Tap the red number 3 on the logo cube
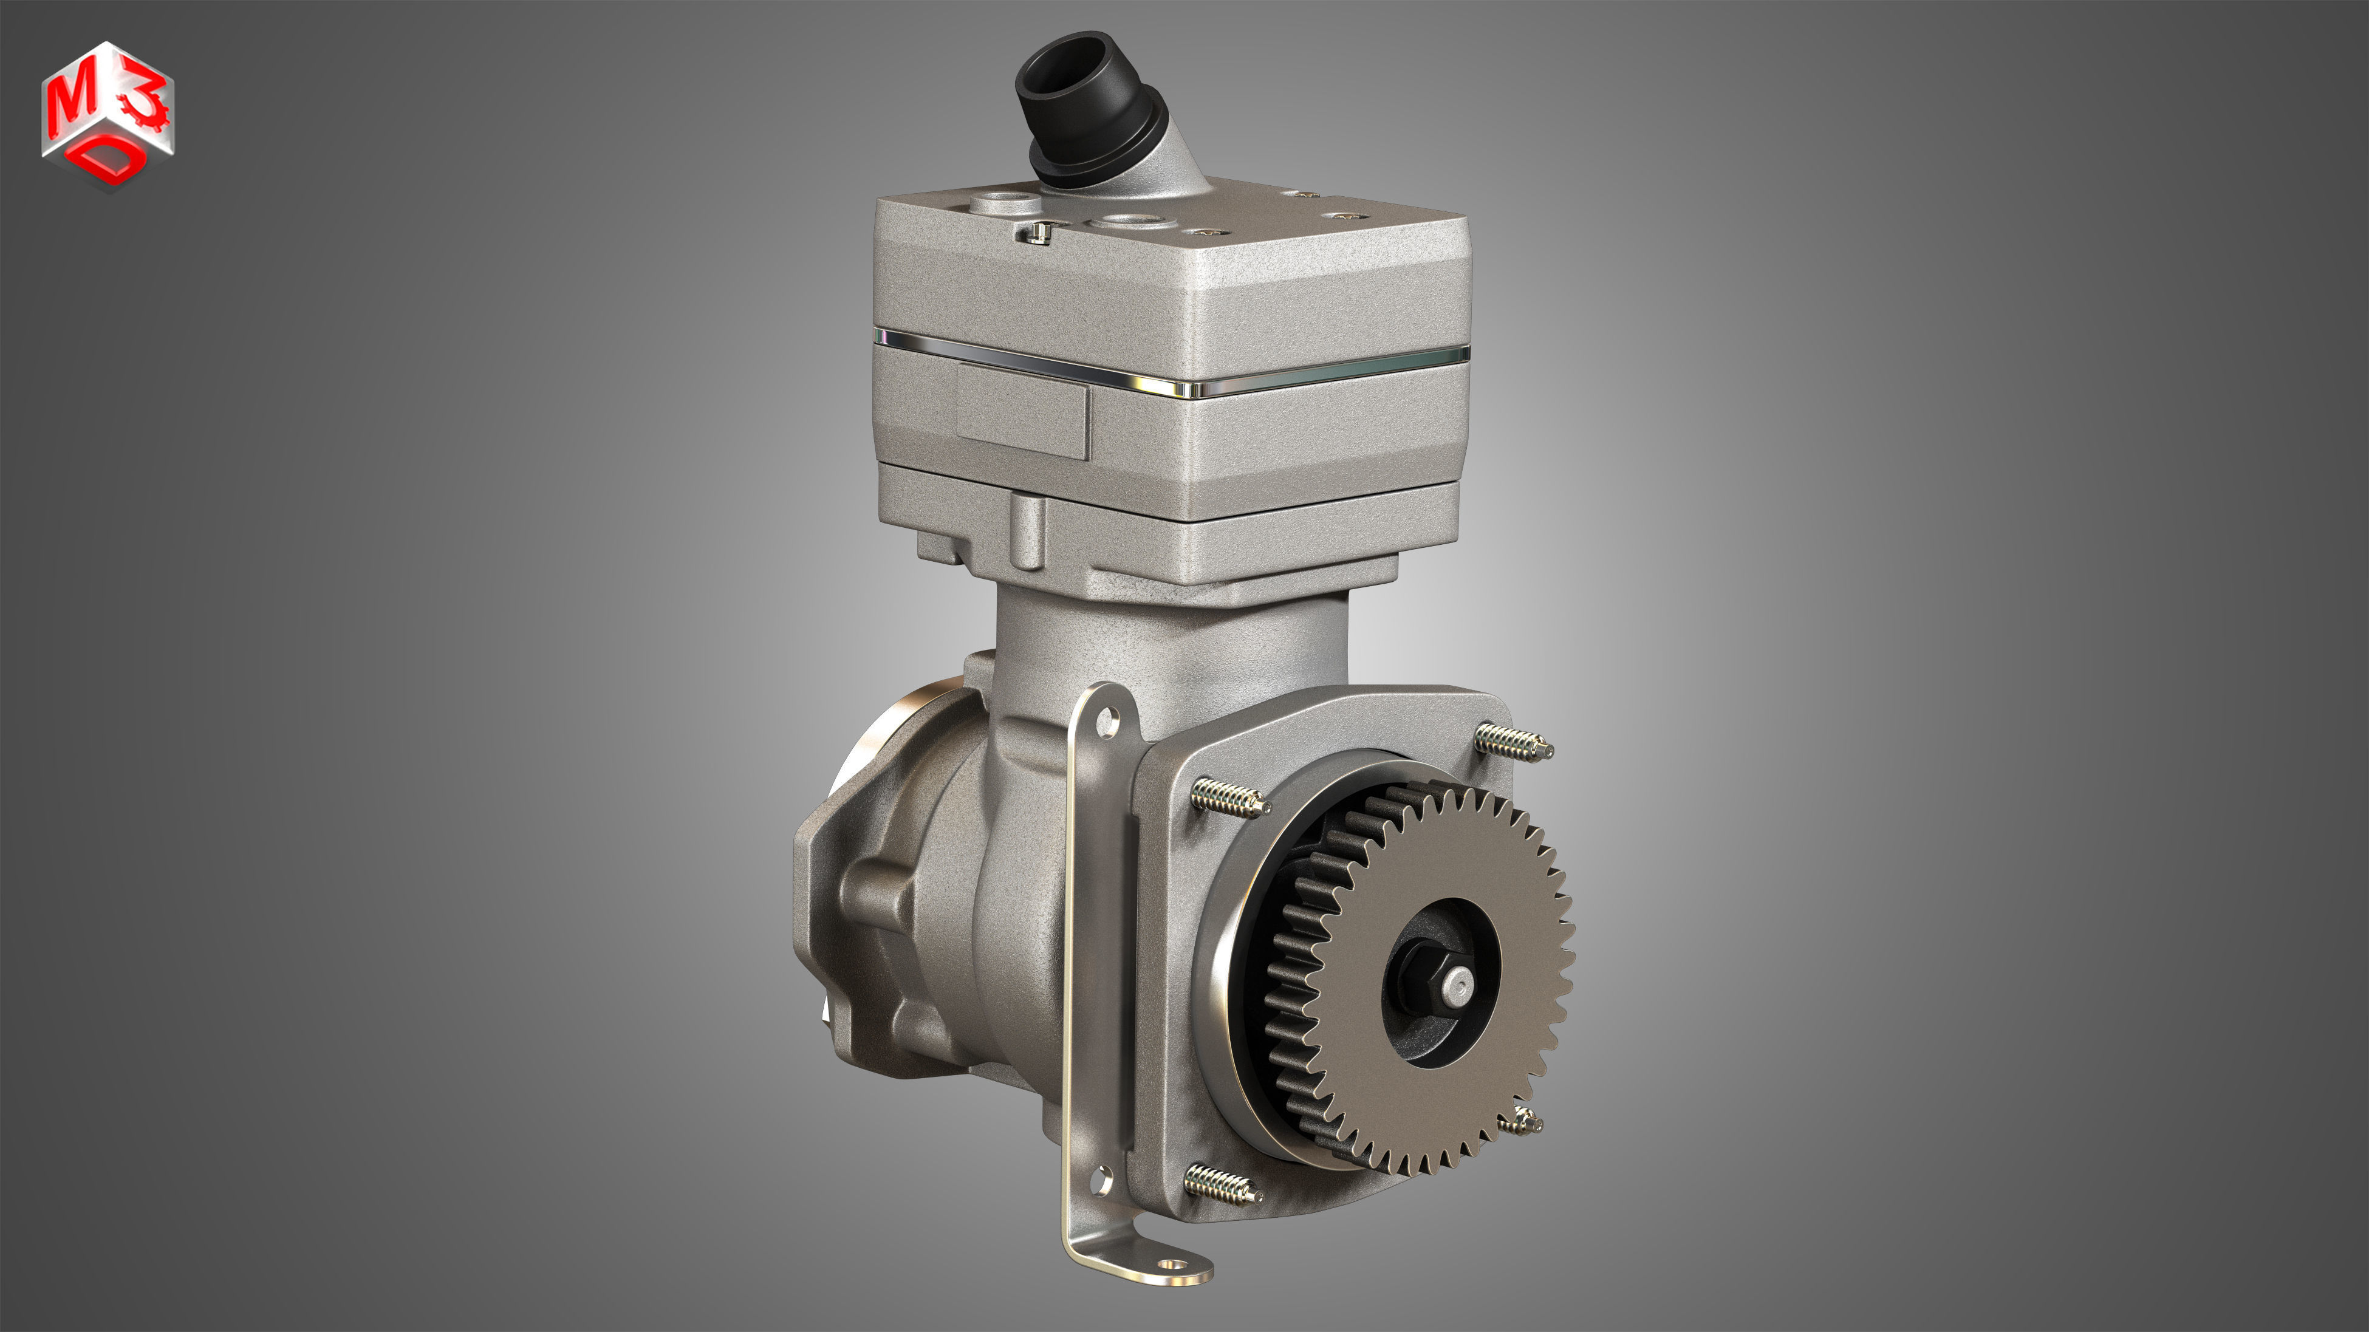(147, 97)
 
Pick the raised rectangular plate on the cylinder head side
(1023, 412)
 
